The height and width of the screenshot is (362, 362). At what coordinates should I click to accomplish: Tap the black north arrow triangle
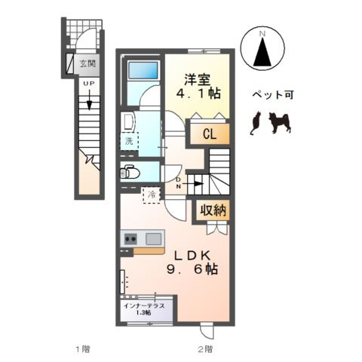pos(263,54)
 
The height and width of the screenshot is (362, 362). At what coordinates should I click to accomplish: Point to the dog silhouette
pos(280,122)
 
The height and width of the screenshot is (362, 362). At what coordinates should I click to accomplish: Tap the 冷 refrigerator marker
pos(152,194)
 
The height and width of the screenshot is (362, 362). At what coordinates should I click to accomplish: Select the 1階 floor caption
pos(82,349)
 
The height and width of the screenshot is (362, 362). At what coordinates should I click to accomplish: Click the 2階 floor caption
pos(205,349)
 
